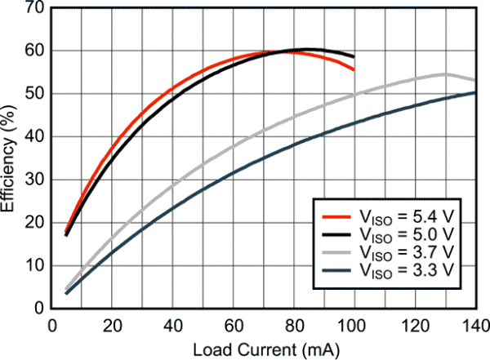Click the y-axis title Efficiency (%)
click(x=10, y=155)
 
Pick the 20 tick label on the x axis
click(x=112, y=323)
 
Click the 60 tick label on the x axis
click(x=233, y=323)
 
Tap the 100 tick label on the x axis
click(x=354, y=323)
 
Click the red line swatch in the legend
click(x=336, y=216)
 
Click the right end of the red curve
click(x=354, y=69)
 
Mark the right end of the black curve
click(x=354, y=56)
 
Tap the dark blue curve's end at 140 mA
click(x=474, y=93)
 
